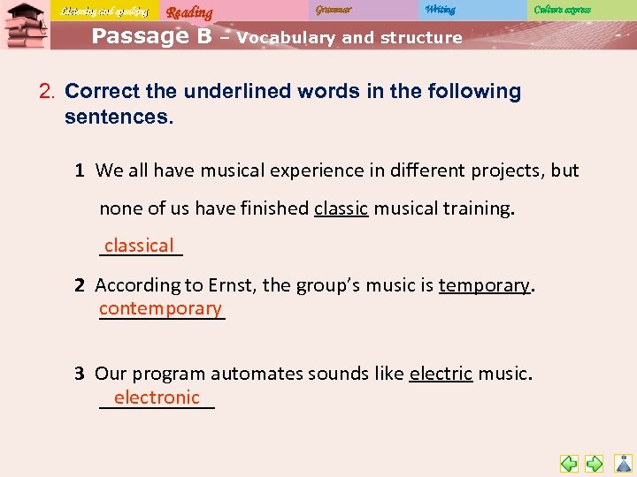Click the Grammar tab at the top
click(x=333, y=10)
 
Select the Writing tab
click(x=440, y=10)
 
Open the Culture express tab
click(x=562, y=10)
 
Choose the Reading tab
click(x=189, y=12)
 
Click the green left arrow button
click(x=569, y=463)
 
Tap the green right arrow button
click(x=595, y=463)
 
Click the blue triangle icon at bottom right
click(x=624, y=463)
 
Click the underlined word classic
click(x=341, y=208)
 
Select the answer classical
click(x=139, y=246)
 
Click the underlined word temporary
click(x=484, y=284)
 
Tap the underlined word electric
click(x=441, y=374)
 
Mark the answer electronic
click(x=157, y=397)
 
